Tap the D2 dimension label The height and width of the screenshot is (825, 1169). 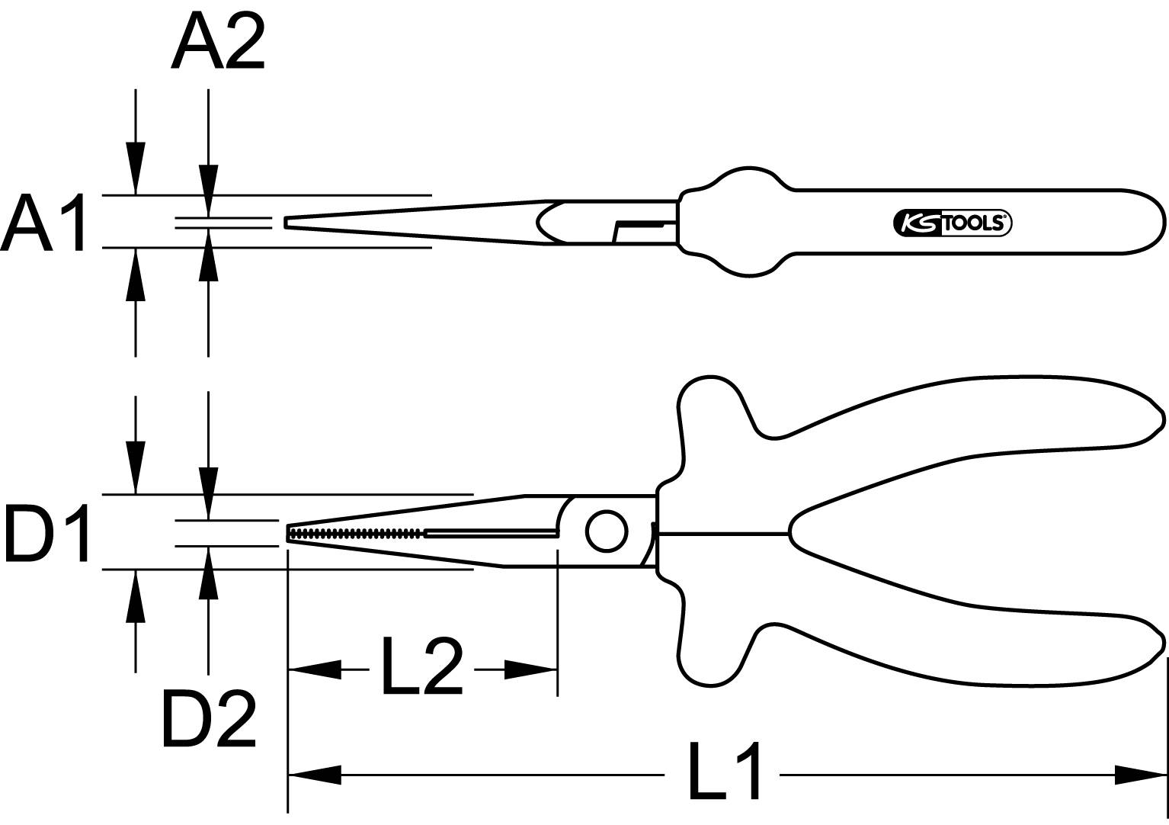208,719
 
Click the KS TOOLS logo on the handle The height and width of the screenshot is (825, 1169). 952,223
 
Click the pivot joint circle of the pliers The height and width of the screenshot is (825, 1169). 607,531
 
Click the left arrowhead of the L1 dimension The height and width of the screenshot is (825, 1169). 314,776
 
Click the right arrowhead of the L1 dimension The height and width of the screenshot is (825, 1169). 1140,776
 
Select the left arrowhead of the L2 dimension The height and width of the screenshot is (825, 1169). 314,670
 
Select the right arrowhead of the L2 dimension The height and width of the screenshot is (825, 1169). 531,670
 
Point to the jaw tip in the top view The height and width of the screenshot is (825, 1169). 287,222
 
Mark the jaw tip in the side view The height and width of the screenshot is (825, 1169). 290,533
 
